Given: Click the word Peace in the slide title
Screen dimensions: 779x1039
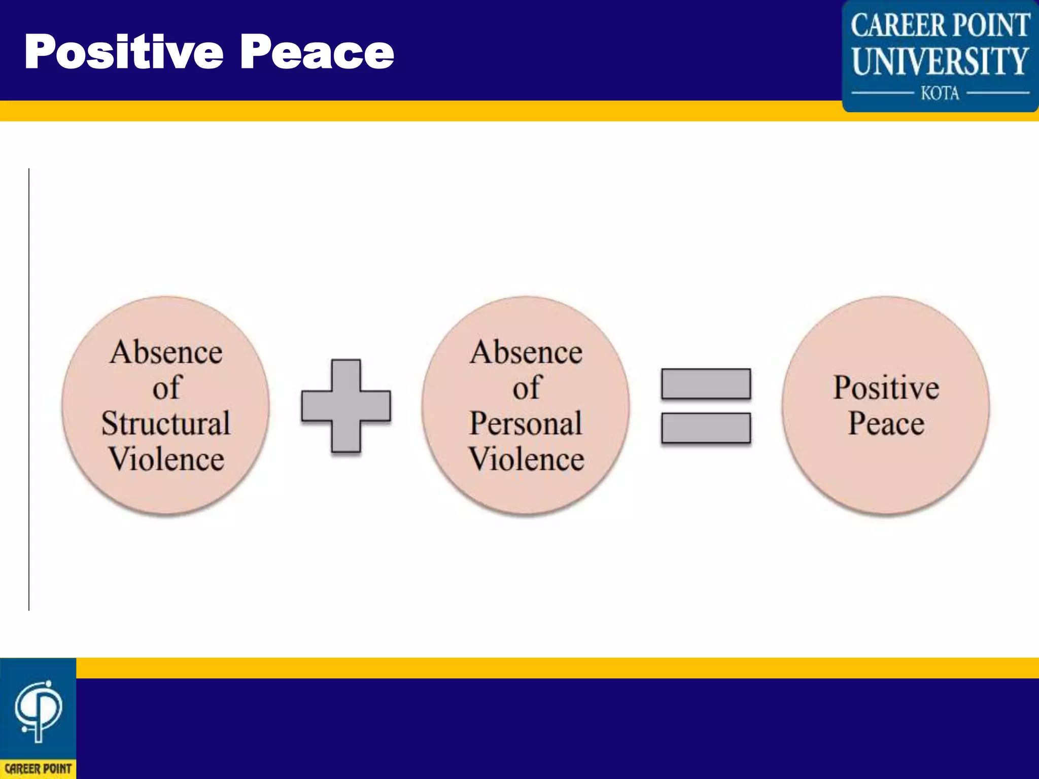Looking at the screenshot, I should pyautogui.click(x=317, y=52).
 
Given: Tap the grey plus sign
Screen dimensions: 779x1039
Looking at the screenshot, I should pyautogui.click(x=346, y=406).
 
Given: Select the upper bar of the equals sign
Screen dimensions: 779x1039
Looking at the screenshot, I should pyautogui.click(x=706, y=384).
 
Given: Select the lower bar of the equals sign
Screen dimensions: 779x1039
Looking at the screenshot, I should pyautogui.click(x=706, y=428).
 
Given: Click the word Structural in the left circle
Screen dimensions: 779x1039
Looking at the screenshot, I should pyautogui.click(x=166, y=423).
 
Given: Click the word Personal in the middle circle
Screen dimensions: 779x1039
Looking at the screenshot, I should pyautogui.click(x=526, y=423).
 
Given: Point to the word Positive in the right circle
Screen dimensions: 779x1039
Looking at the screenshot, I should pyautogui.click(x=886, y=388).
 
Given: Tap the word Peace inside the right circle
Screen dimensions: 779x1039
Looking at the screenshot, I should pyautogui.click(x=886, y=423).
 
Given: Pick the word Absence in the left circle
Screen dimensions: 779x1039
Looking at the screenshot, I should pyautogui.click(x=166, y=352).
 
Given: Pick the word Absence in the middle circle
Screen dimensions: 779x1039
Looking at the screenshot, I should pyautogui.click(x=526, y=352).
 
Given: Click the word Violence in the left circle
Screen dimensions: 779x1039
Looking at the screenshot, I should pyautogui.click(x=166, y=459).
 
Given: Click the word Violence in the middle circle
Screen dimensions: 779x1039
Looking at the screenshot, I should pyautogui.click(x=526, y=459).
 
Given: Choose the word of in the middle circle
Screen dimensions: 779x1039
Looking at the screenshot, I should pyautogui.click(x=527, y=388).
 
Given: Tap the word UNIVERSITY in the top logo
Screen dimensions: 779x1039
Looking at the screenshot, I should pyautogui.click(x=940, y=61).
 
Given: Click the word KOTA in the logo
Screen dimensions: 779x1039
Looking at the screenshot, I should pyautogui.click(x=940, y=93).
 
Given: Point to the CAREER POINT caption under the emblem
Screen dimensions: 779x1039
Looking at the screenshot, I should pyautogui.click(x=38, y=769).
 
